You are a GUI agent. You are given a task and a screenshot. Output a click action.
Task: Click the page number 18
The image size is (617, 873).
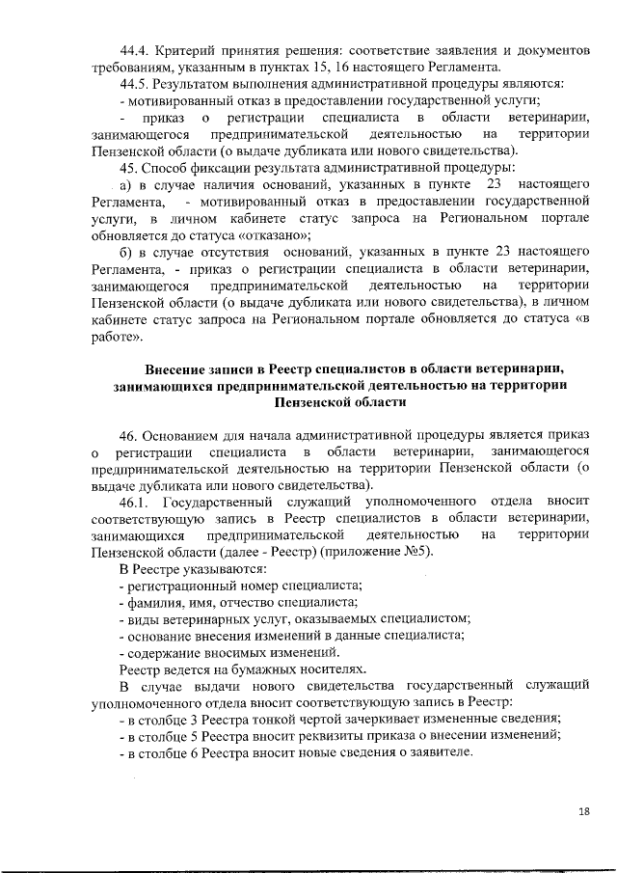[x=582, y=811]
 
